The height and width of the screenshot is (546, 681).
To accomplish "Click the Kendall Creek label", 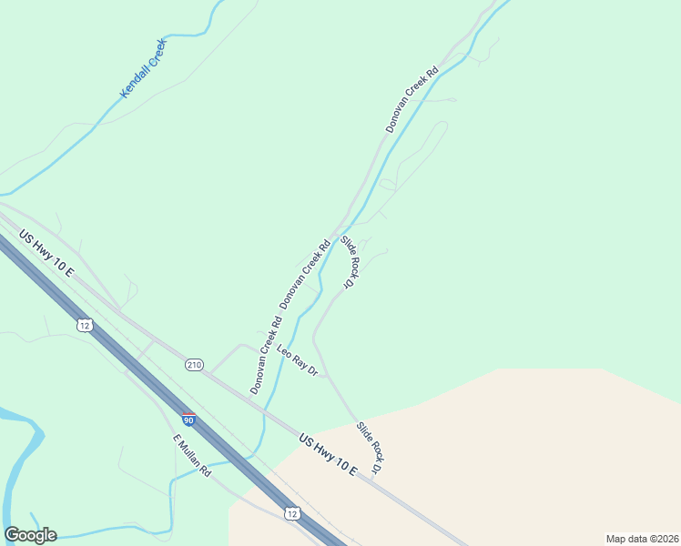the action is tap(144, 69).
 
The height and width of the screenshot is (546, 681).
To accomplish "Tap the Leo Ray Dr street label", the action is tap(297, 362).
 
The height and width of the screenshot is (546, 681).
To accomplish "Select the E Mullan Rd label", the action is tap(192, 455).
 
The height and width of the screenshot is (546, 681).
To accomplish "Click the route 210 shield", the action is tap(194, 365).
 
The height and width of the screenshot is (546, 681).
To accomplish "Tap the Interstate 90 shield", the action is tap(188, 420).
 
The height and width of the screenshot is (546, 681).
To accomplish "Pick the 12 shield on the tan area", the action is tap(291, 514).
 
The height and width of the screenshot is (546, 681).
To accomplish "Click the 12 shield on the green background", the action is tap(84, 325).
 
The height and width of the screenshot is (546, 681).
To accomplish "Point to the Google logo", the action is tap(30, 535).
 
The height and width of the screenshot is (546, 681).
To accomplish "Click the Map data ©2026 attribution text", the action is tap(642, 539).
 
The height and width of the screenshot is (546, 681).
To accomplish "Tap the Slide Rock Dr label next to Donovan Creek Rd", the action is tap(349, 263).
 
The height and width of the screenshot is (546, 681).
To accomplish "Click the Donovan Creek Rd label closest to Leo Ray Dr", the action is tap(266, 355).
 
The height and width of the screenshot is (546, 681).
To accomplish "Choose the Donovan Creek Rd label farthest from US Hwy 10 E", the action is tap(412, 99).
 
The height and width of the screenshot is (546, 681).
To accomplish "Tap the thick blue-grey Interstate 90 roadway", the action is tap(137, 364).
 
